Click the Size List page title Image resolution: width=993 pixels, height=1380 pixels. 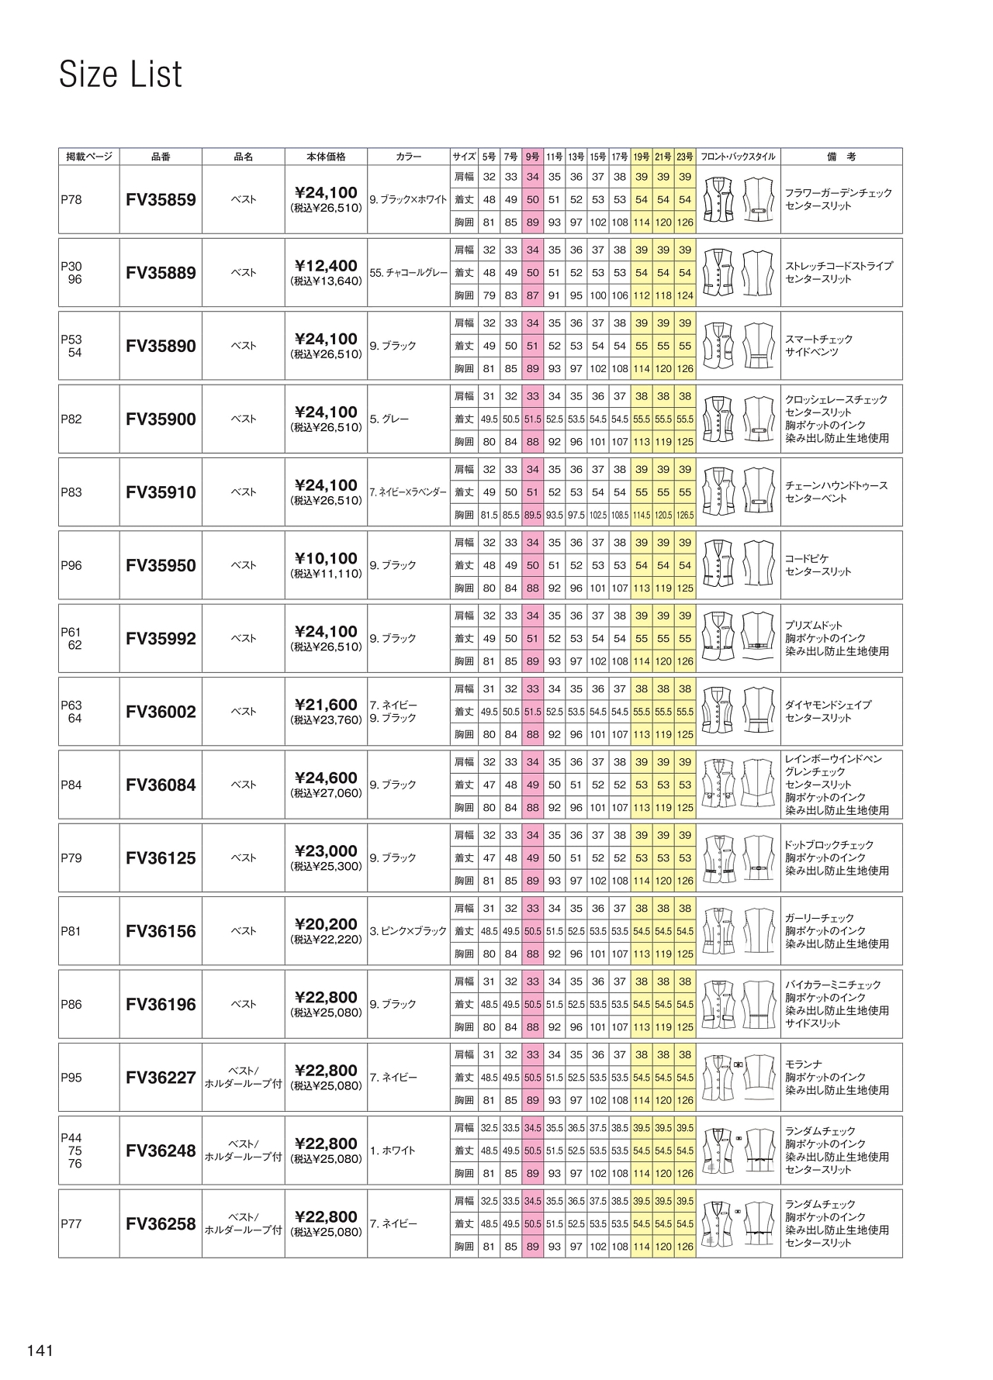pyautogui.click(x=120, y=75)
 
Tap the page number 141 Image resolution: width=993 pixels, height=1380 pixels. pyautogui.click(x=40, y=1351)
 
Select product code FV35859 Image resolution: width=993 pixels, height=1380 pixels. pyautogui.click(x=161, y=200)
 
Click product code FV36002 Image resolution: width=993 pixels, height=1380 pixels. pyautogui.click(x=161, y=712)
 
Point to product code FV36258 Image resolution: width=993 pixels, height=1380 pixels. pyautogui.click(x=161, y=1225)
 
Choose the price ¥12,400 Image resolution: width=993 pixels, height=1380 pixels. pyautogui.click(x=326, y=267)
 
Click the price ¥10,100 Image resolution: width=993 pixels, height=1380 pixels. pyautogui.click(x=326, y=559)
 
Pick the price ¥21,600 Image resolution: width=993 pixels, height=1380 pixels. pyautogui.click(x=326, y=706)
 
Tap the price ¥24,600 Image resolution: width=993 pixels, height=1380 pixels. pyautogui.click(x=326, y=778)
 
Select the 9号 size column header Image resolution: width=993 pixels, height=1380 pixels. pyautogui.click(x=532, y=157)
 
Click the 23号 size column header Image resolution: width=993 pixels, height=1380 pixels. pyautogui.click(x=684, y=157)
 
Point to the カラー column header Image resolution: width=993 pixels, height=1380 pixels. pyautogui.click(x=408, y=157)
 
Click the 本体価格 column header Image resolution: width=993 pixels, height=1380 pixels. pyautogui.click(x=326, y=157)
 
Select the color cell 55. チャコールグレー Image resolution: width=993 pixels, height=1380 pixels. pyautogui.click(x=409, y=273)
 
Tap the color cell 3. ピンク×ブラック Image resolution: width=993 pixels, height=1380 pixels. pyautogui.click(x=409, y=931)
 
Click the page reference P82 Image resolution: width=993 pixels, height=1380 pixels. pyautogui.click(x=71, y=419)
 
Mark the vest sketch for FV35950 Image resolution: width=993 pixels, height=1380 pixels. pyautogui.click(x=738, y=565)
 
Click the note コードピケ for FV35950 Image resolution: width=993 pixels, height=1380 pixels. pyautogui.click(x=808, y=559)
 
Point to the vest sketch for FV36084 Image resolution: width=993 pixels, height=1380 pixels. pyautogui.click(x=738, y=785)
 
